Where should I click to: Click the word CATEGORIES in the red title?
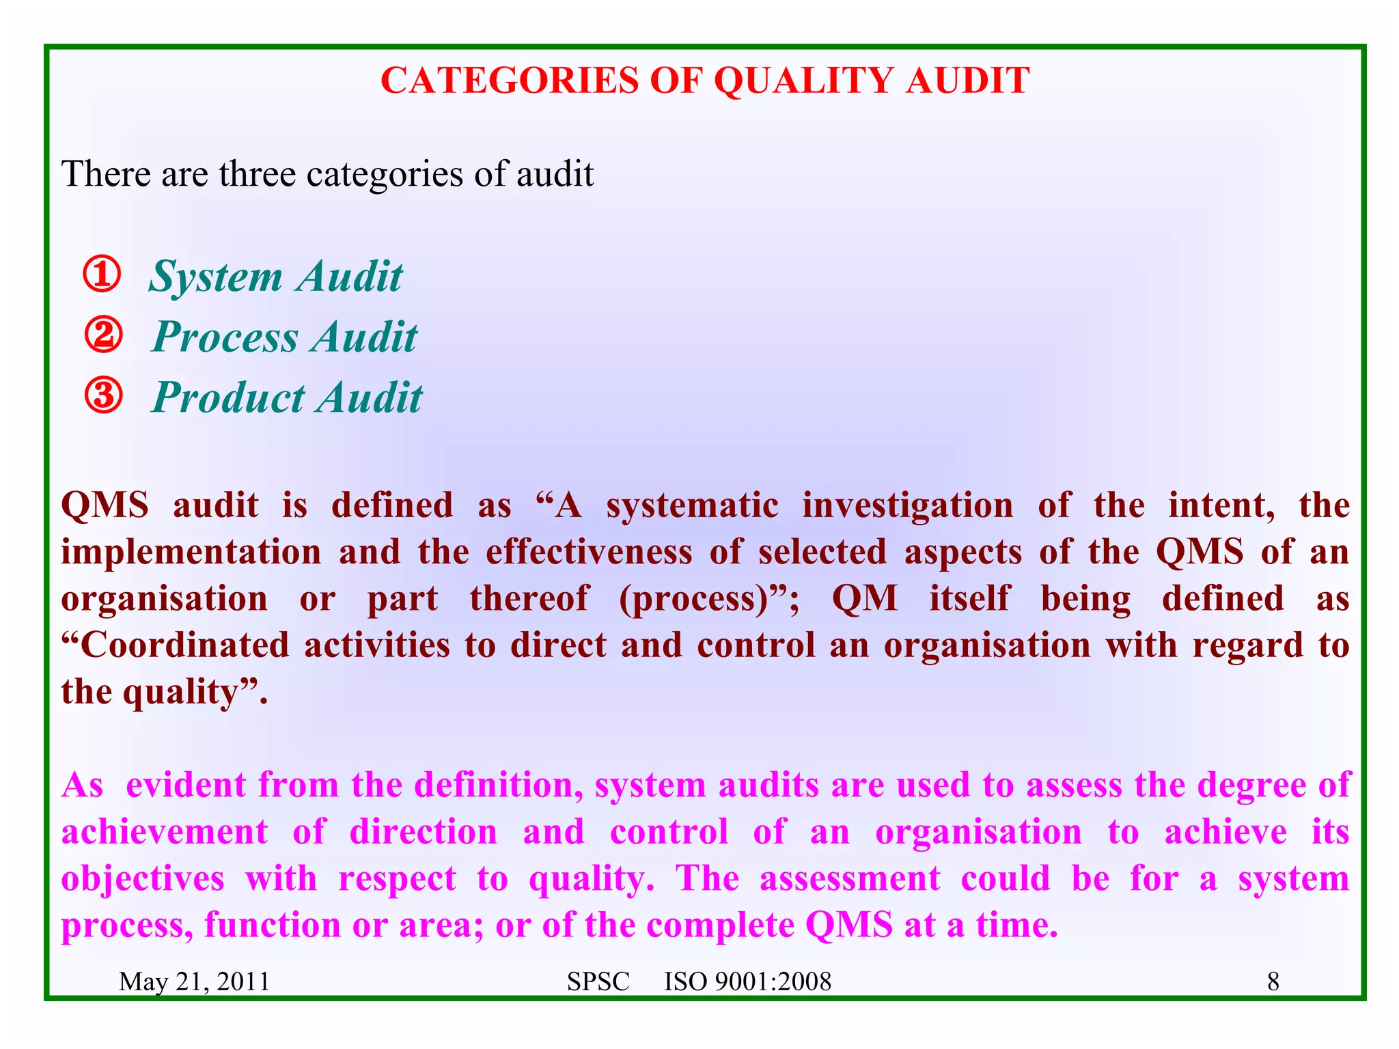pos(509,81)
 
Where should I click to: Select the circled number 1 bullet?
pos(102,275)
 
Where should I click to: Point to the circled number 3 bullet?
pos(103,396)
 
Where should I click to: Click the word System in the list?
pos(216,277)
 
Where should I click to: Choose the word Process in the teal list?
pos(225,337)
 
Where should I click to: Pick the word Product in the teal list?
pos(228,397)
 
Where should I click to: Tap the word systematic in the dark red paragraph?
pos(692,506)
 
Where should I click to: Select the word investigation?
pos(908,506)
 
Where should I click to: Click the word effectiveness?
pos(589,552)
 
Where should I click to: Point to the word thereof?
pos(528,599)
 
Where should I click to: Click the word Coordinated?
pos(185,645)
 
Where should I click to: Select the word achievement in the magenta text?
pos(165,832)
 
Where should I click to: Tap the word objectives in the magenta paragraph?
pos(143,879)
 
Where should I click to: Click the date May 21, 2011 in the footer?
pos(194,982)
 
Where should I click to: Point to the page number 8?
pos(1273,982)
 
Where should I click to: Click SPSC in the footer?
pos(598,982)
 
